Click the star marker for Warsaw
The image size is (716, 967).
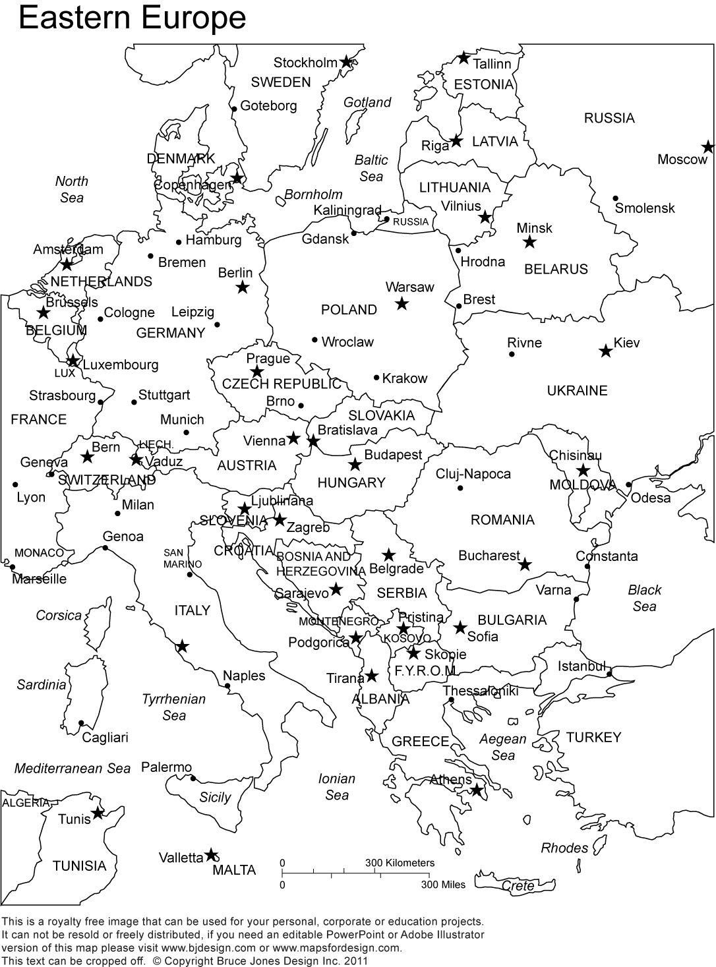[x=402, y=304]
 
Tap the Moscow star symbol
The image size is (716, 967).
[x=707, y=146]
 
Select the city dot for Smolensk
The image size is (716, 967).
[x=614, y=198]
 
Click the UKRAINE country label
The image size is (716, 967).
[x=577, y=390]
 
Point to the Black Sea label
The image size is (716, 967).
[x=644, y=598]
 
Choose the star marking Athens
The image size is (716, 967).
[x=476, y=790]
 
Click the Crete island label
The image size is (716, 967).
[x=518, y=886]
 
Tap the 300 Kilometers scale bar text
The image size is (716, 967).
[x=400, y=862]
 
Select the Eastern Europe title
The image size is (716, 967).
[x=132, y=18]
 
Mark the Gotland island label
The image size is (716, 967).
[x=367, y=102]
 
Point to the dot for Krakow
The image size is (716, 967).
[x=376, y=378]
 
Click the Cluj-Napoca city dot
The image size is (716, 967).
[x=460, y=488]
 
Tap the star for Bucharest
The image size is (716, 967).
[x=525, y=564]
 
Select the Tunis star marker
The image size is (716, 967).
[x=98, y=813]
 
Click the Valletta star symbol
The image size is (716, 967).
[x=211, y=855]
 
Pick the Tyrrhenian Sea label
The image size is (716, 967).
[x=174, y=707]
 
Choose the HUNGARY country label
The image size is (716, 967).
[x=351, y=483]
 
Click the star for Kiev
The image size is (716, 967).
[x=605, y=351]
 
